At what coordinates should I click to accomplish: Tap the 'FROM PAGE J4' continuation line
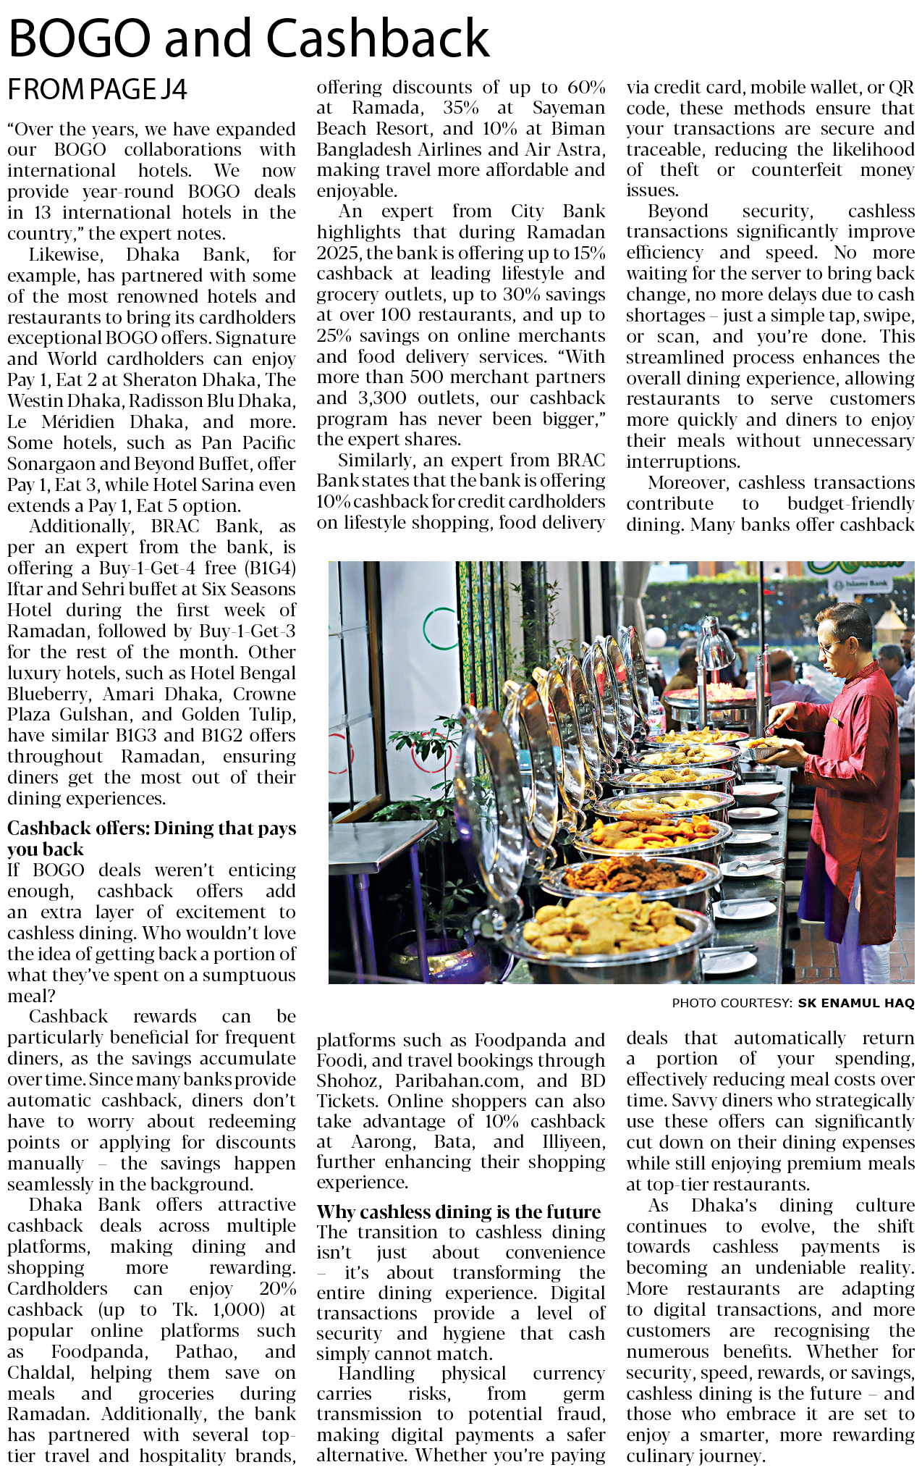click(97, 90)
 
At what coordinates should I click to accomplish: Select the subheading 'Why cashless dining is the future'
click(459, 1212)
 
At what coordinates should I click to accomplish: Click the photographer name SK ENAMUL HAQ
click(855, 1003)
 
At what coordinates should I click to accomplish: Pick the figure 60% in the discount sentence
click(586, 87)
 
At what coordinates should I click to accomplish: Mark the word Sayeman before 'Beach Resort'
click(568, 108)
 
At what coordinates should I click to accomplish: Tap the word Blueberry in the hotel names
click(46, 694)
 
